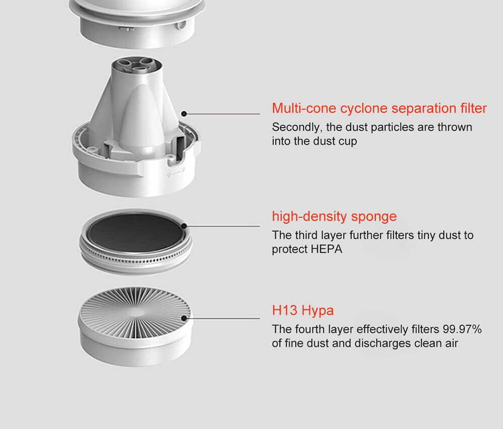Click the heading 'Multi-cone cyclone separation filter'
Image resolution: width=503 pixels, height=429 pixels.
tap(379, 108)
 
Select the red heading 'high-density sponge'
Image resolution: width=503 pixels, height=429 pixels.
tap(334, 216)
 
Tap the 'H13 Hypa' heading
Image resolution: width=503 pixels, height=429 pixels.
tap(303, 310)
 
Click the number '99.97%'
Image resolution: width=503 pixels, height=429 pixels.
tap(462, 329)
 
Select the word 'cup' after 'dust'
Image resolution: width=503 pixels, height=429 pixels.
tap(348, 142)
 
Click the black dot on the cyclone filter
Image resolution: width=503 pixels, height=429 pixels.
tap(184, 114)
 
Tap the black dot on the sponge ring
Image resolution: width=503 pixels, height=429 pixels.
tap(184, 226)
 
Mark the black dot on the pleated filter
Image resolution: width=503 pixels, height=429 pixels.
tap(184, 318)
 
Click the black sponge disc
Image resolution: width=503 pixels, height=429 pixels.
tap(135, 233)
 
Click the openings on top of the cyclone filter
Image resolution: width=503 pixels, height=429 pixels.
tap(137, 64)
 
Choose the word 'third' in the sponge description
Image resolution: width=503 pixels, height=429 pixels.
tap(306, 235)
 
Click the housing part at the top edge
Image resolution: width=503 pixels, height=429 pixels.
tap(137, 23)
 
